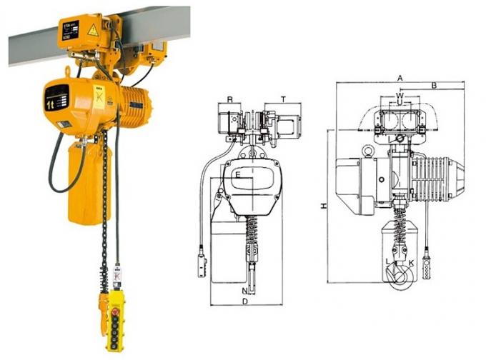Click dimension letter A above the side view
[x=400, y=77]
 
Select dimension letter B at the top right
[x=434, y=86]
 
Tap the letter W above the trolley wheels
[x=400, y=95]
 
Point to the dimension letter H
[x=324, y=206]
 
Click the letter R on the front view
[x=230, y=99]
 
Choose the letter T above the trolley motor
[x=283, y=99]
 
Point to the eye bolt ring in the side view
[x=368, y=151]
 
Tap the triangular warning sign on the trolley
[x=91, y=30]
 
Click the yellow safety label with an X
[x=99, y=95]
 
